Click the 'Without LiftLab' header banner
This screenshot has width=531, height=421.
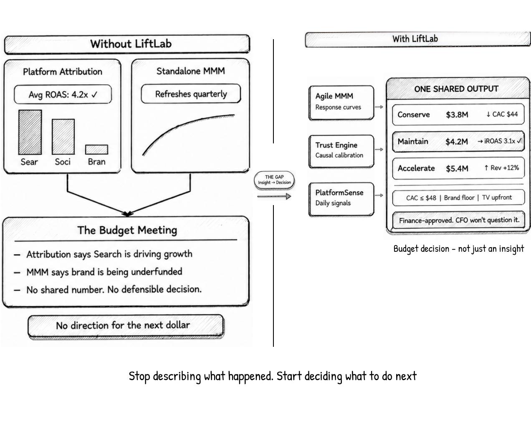point(127,44)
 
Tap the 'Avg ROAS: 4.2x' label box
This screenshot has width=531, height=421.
point(63,95)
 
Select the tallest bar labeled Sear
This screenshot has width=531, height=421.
point(30,132)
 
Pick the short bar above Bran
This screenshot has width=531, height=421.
point(96,150)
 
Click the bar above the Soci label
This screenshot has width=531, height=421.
point(63,136)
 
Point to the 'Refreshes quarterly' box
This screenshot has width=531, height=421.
point(191,94)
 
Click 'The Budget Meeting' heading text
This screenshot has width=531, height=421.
point(127,230)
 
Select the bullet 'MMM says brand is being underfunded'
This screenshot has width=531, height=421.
point(104,272)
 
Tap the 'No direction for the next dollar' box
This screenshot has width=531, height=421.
point(126,326)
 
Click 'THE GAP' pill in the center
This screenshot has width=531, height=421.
point(274,180)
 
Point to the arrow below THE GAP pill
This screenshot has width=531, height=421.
point(274,196)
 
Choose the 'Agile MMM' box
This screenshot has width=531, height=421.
point(341,103)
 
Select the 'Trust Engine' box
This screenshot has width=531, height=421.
point(341,151)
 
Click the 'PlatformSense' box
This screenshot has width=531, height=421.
point(341,198)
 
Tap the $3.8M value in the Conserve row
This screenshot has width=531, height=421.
point(457,115)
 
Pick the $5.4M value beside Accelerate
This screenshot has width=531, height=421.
point(457,168)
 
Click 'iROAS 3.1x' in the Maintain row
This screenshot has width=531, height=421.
point(499,141)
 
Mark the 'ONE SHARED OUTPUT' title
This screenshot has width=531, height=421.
point(456,89)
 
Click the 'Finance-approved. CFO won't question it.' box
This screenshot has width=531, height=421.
point(458,220)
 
